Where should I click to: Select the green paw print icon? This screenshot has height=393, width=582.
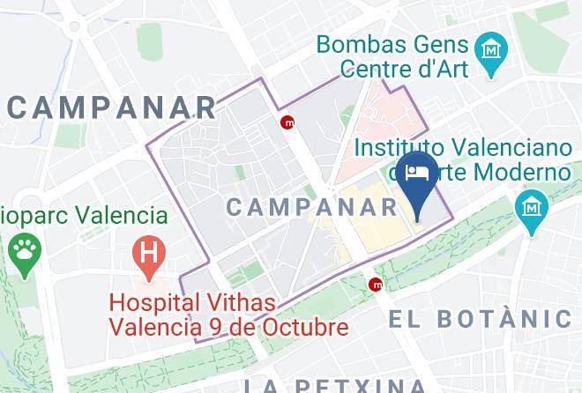click(x=24, y=252)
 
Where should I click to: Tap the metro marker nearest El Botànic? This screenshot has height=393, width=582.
click(x=377, y=284)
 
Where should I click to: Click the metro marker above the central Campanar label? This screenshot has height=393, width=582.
click(x=287, y=123)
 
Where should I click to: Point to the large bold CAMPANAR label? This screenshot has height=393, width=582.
click(x=110, y=108)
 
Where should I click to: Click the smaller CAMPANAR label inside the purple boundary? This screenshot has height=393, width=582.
click(x=313, y=207)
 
